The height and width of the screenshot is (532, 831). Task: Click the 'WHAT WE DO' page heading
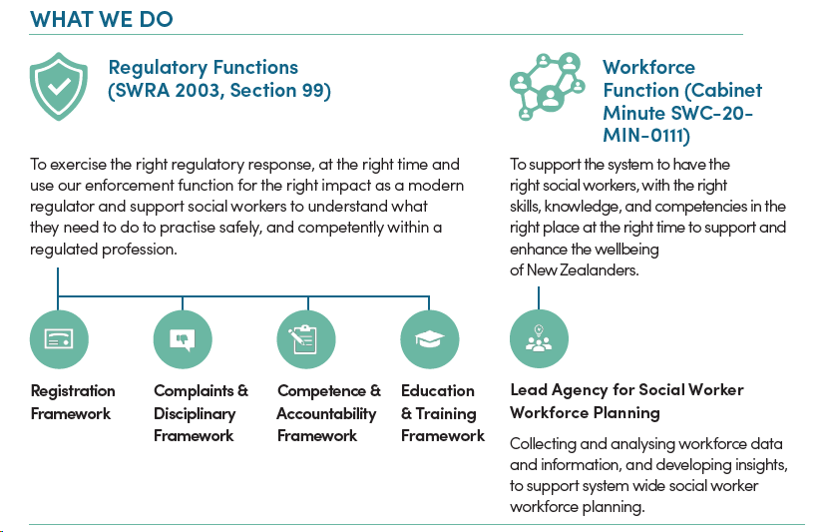pos(102,19)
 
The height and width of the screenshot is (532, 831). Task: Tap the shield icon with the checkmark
pos(59,87)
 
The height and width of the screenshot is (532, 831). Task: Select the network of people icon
pos(548,87)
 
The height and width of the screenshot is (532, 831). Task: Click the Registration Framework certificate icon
pos(59,339)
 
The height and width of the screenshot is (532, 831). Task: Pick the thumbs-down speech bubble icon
pos(183,339)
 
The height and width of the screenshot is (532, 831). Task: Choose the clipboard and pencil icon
pos(306,339)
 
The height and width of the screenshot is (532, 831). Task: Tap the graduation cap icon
pos(430,339)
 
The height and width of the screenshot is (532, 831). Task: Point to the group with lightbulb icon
pos(539,339)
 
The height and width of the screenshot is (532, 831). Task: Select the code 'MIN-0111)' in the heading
pos(646,136)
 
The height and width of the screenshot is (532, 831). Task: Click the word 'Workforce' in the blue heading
pos(648,67)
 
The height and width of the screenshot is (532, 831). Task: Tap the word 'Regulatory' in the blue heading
pos(158,69)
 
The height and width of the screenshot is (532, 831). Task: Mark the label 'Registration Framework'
pos(73,402)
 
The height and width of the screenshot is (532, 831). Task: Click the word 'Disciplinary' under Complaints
pos(195,414)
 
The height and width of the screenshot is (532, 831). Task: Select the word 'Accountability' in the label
pos(326,414)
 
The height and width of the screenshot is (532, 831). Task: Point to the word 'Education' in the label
pos(438,391)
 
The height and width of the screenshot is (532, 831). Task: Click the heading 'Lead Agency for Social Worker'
pos(626,390)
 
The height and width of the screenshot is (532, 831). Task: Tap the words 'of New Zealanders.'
pos(575,270)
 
